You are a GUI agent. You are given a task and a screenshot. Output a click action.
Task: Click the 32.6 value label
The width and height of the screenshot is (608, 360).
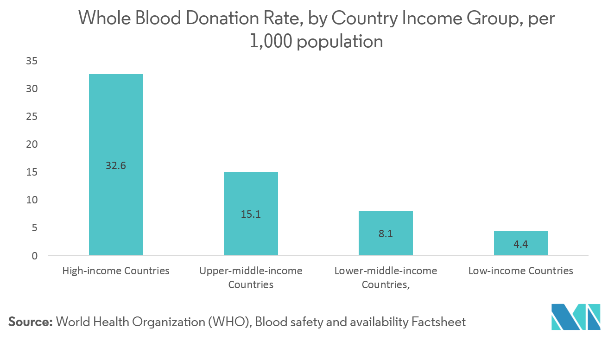point(115,165)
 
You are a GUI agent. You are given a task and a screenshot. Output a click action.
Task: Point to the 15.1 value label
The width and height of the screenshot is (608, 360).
point(251,215)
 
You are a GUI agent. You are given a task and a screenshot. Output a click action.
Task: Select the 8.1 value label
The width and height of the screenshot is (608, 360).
point(386,234)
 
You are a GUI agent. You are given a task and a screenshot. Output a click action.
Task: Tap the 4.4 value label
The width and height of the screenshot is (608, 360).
point(520,244)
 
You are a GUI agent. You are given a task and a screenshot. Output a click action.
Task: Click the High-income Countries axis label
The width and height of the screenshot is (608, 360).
point(116,271)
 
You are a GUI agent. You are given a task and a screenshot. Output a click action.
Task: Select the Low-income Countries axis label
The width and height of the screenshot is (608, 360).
point(520,271)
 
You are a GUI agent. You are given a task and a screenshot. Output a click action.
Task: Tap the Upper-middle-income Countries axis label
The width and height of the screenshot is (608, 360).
point(251,277)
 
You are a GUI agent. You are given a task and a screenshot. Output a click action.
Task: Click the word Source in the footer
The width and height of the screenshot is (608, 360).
point(30,322)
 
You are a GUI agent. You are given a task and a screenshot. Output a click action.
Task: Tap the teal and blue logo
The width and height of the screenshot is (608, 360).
point(576,317)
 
